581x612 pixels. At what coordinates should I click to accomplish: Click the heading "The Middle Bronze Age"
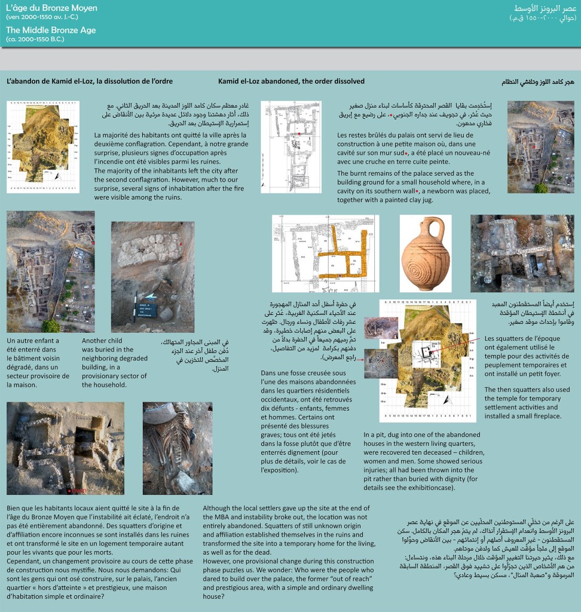coord(51,30)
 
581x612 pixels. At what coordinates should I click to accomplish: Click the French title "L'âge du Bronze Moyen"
coord(51,8)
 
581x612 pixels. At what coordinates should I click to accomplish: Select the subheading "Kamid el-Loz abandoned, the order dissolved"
coord(291,81)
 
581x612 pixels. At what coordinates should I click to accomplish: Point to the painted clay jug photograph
coord(425,253)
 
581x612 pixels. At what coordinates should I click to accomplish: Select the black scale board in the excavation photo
coord(146,310)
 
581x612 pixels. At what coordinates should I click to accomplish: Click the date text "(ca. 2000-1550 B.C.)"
coord(35,39)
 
